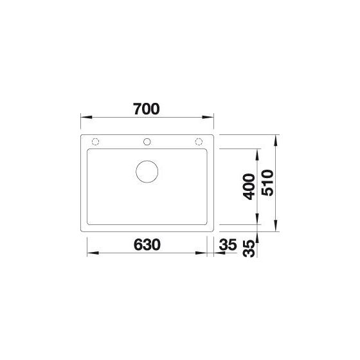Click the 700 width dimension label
tap(147, 109)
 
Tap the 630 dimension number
tap(147, 244)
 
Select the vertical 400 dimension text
tap(249, 187)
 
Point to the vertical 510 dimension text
tap(267, 183)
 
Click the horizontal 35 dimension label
tap(228, 244)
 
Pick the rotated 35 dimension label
tap(249, 248)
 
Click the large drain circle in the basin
tap(147, 172)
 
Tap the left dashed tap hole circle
tap(95, 142)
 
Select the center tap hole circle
tap(147, 142)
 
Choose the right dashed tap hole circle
tap(199, 142)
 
